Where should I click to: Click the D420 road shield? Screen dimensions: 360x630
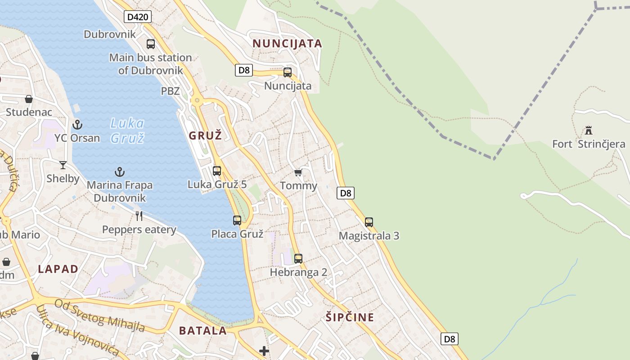point(138,17)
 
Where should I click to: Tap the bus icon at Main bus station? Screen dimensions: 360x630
point(151,44)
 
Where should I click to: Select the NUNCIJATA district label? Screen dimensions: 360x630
point(287,44)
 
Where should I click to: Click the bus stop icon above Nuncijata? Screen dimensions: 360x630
point(288,72)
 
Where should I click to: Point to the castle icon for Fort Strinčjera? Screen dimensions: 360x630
point(589,130)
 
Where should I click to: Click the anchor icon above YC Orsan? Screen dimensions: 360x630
point(77,124)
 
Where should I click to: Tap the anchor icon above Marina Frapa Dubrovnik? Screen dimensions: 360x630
point(120,171)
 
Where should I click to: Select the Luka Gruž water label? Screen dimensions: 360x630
point(127,130)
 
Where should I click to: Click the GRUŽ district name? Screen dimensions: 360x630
point(205,135)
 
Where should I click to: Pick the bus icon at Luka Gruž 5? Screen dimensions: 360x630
point(217,171)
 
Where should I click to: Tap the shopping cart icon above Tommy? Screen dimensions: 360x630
point(298,172)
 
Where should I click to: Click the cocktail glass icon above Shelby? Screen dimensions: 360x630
point(63,165)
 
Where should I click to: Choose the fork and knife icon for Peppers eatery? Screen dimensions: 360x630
point(139,216)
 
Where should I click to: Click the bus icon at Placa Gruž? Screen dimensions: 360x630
point(237,220)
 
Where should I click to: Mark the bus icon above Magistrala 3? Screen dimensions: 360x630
point(369,222)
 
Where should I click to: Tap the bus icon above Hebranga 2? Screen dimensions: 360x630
point(298,258)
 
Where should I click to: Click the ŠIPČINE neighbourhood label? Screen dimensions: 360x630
point(350,317)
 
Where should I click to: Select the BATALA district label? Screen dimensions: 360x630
point(203,331)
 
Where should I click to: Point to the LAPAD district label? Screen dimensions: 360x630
point(58,269)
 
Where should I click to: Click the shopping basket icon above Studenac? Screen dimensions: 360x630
point(29,99)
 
